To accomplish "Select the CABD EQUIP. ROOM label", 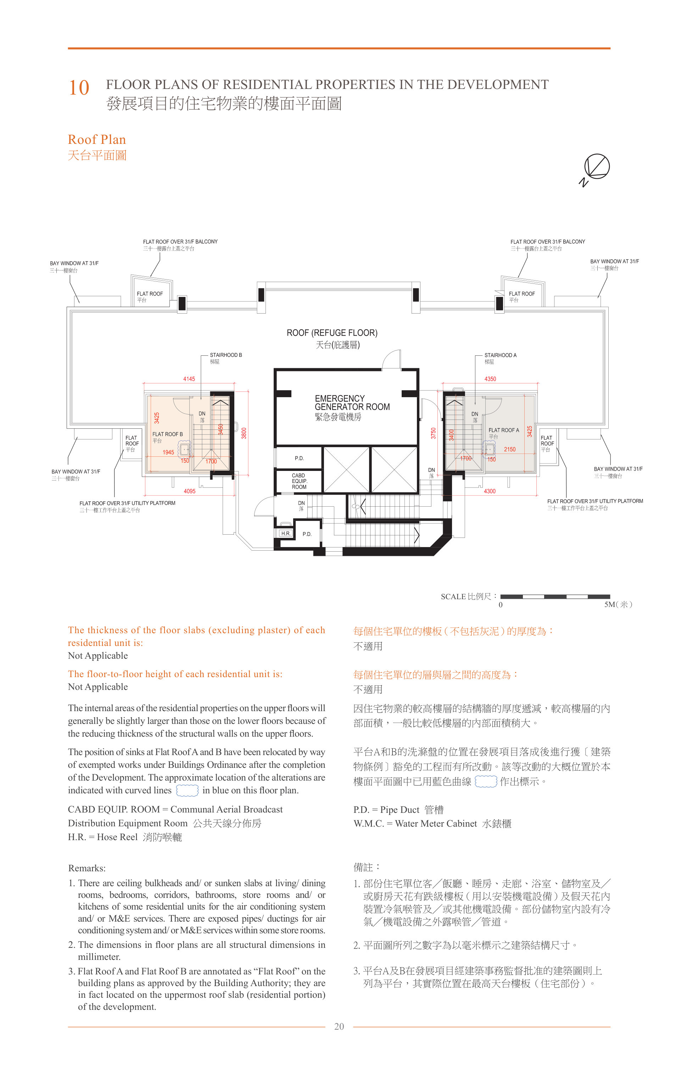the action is point(299,481).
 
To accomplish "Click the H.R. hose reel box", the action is point(286,533).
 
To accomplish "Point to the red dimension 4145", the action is point(189,379).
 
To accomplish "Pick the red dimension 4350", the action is point(490,379).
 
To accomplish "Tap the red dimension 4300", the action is point(490,491).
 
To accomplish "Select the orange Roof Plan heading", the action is point(97,139).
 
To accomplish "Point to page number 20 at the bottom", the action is point(339,1026).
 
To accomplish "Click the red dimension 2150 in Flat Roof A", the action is point(509,449).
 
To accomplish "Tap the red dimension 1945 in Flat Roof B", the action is point(168,452).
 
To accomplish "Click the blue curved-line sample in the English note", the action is point(187,790).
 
